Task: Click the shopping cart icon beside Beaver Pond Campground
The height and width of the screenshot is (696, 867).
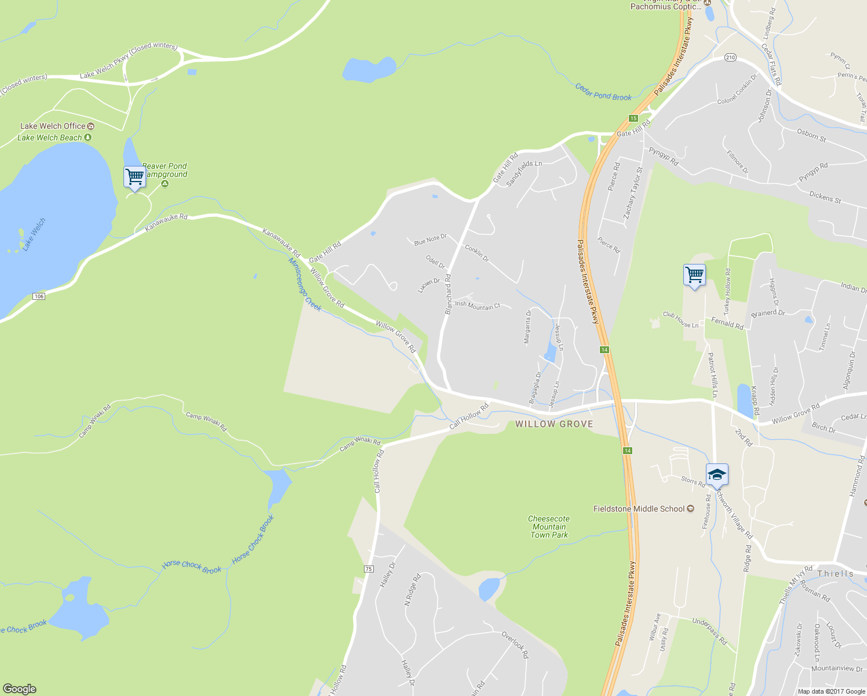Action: click(134, 176)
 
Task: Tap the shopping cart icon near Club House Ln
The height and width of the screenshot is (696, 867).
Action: click(694, 275)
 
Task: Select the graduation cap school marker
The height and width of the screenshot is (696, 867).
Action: click(717, 474)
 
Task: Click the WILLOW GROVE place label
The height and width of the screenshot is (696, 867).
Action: click(554, 424)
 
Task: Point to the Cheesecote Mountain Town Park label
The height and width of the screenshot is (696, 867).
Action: click(549, 527)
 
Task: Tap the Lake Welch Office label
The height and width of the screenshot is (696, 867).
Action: click(53, 126)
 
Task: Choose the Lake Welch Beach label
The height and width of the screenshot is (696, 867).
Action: click(50, 137)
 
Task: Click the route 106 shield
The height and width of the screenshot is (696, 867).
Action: click(38, 296)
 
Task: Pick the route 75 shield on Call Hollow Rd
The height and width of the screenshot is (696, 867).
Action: click(369, 568)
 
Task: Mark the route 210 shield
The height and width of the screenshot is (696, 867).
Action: click(730, 57)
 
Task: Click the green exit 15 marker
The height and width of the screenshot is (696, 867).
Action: click(633, 118)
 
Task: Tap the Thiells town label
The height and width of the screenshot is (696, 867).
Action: click(835, 574)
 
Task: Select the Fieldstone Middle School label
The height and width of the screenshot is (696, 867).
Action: click(639, 509)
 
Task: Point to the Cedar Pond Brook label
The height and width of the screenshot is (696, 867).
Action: click(603, 92)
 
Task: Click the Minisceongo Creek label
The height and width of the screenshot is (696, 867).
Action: click(305, 284)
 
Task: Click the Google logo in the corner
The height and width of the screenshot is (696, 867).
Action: click(19, 689)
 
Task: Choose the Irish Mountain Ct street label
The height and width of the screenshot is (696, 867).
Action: click(477, 305)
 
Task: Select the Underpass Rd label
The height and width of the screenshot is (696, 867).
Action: click(709, 631)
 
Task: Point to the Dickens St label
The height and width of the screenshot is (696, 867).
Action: click(825, 197)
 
